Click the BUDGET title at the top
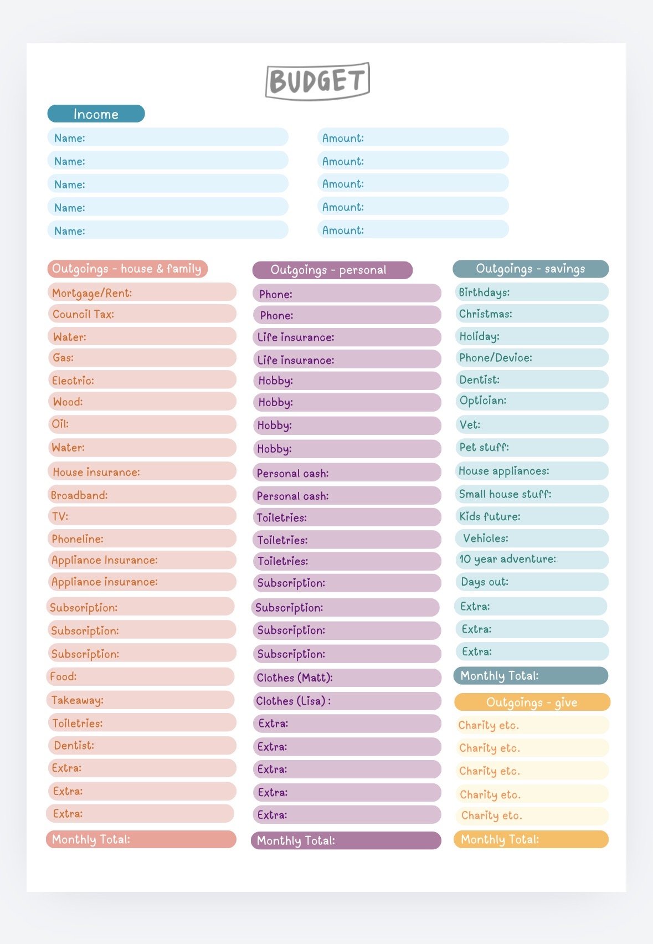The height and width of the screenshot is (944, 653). point(318,81)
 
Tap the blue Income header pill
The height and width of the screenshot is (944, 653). point(96,114)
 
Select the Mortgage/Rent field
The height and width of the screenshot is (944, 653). point(142,292)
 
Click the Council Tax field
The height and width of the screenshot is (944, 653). point(142,314)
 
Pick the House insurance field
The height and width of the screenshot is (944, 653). point(142,471)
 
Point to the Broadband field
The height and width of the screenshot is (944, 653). point(142,494)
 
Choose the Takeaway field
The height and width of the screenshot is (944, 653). point(140,700)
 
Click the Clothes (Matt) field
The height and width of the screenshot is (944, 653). point(347,678)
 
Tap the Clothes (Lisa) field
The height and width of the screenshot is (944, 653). point(347,701)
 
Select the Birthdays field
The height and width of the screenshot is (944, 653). point(532,292)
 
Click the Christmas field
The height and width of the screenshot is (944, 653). point(532,314)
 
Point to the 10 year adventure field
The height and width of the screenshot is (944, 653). point(532,560)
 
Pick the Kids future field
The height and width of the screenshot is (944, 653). point(532,516)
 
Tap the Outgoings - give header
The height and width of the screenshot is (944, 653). point(532,702)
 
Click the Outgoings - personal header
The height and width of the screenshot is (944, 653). point(332,270)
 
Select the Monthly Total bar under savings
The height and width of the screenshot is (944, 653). point(531,675)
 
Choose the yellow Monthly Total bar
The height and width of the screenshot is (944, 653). point(531,839)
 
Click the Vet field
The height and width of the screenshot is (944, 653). point(532,424)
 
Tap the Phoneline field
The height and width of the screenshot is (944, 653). point(142,538)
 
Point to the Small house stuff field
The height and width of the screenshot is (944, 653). point(532,494)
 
